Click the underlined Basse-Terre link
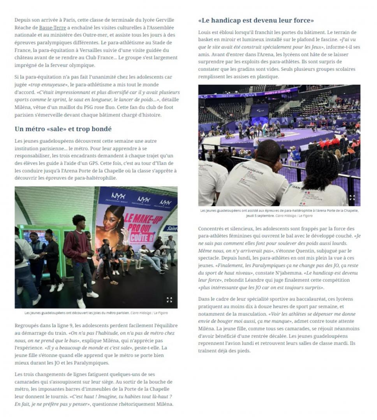click(52, 28)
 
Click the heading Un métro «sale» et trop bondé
click(63, 129)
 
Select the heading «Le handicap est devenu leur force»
click(256, 20)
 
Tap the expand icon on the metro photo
click(169, 299)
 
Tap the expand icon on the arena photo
click(352, 198)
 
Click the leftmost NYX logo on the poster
click(118, 196)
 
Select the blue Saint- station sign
click(171, 228)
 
